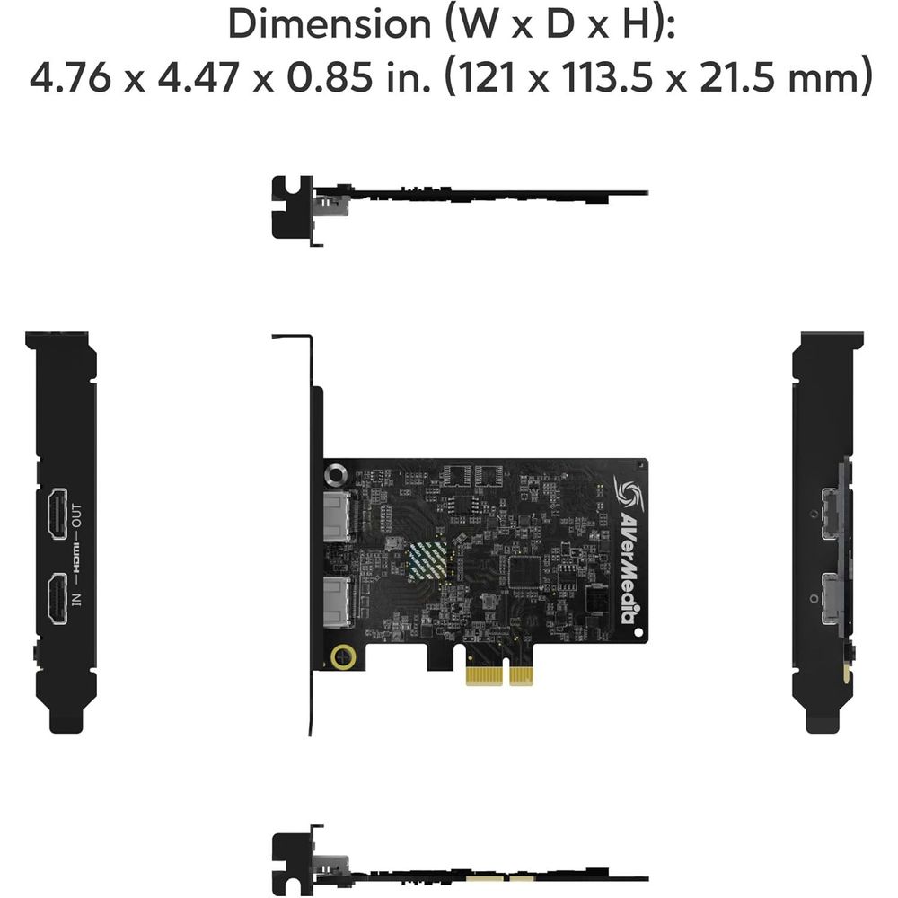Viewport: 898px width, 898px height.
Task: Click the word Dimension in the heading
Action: point(329,24)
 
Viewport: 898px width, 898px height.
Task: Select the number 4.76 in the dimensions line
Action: point(72,77)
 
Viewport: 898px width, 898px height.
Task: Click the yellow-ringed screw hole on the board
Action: point(342,656)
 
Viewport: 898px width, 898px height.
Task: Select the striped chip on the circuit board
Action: point(429,562)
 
